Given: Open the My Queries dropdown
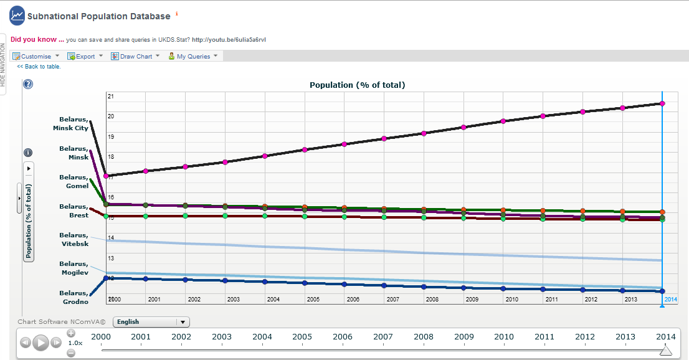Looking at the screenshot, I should (x=193, y=56).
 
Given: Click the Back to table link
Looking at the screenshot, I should (x=39, y=67).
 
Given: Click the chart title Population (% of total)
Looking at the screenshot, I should (x=357, y=85).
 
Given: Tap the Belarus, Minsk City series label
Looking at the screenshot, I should (x=70, y=123).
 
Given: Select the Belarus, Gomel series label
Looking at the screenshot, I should (x=74, y=181).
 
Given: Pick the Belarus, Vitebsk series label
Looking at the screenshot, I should (x=74, y=239).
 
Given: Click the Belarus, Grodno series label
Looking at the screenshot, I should (x=74, y=297).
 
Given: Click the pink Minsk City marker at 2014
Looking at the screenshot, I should (x=662, y=103).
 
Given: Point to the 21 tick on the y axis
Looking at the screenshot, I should (x=111, y=97).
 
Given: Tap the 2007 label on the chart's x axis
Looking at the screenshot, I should (x=392, y=300).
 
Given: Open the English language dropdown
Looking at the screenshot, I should (x=151, y=322).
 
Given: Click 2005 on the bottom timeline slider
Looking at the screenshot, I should (x=302, y=337).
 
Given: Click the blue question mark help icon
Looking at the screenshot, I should (x=27, y=84).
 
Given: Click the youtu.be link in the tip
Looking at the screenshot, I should (x=229, y=40).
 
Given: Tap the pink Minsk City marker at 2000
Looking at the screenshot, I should (x=106, y=176).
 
